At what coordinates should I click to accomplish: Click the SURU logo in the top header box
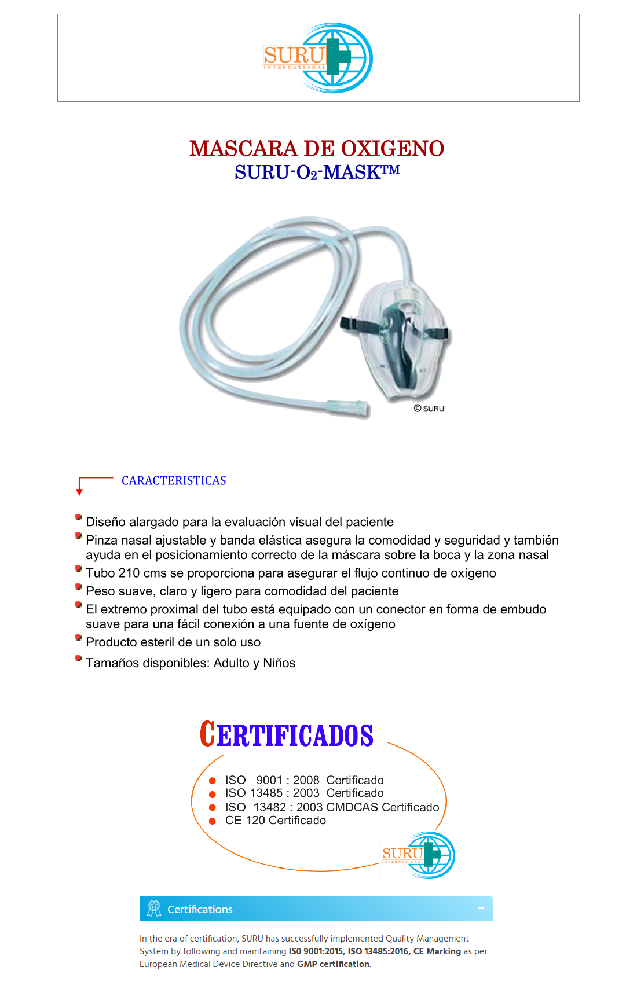(318, 58)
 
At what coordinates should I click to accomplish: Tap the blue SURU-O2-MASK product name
(317, 172)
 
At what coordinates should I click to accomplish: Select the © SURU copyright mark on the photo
(429, 409)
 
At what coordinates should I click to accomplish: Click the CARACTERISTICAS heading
(174, 481)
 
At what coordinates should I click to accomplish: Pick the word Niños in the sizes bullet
(279, 663)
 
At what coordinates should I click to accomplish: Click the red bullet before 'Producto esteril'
(78, 638)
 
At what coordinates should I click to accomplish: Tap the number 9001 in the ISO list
(269, 780)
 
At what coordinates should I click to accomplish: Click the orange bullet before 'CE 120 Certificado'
(213, 821)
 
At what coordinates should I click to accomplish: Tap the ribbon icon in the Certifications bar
(153, 909)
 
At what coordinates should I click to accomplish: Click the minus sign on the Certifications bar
(481, 909)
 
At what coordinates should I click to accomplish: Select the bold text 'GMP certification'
(333, 964)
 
